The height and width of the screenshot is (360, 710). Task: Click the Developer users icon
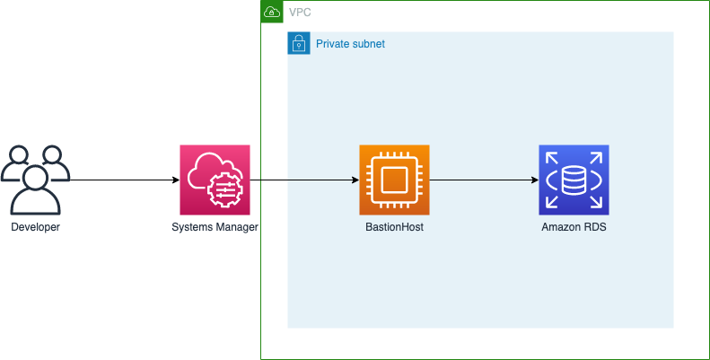click(x=35, y=180)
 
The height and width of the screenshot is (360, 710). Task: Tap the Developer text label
click(x=35, y=228)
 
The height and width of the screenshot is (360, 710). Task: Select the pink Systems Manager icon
click(x=215, y=180)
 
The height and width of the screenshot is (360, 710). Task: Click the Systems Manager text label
click(x=215, y=228)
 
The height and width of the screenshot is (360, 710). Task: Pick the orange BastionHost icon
click(x=394, y=180)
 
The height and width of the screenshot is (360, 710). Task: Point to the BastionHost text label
click(x=394, y=228)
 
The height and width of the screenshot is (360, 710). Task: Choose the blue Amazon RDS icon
click(x=574, y=180)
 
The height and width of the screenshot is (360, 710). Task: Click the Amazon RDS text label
click(x=574, y=228)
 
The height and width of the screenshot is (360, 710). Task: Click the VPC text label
click(x=300, y=13)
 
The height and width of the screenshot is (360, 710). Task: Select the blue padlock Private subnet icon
click(x=298, y=43)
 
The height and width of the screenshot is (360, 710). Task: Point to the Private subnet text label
click(x=350, y=43)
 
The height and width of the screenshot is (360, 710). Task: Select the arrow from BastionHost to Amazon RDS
click(x=485, y=180)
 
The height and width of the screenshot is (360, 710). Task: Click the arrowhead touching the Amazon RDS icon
click(x=534, y=180)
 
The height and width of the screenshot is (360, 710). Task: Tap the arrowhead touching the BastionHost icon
click(x=355, y=180)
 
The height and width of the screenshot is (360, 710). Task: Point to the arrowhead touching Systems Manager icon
click(x=175, y=180)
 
